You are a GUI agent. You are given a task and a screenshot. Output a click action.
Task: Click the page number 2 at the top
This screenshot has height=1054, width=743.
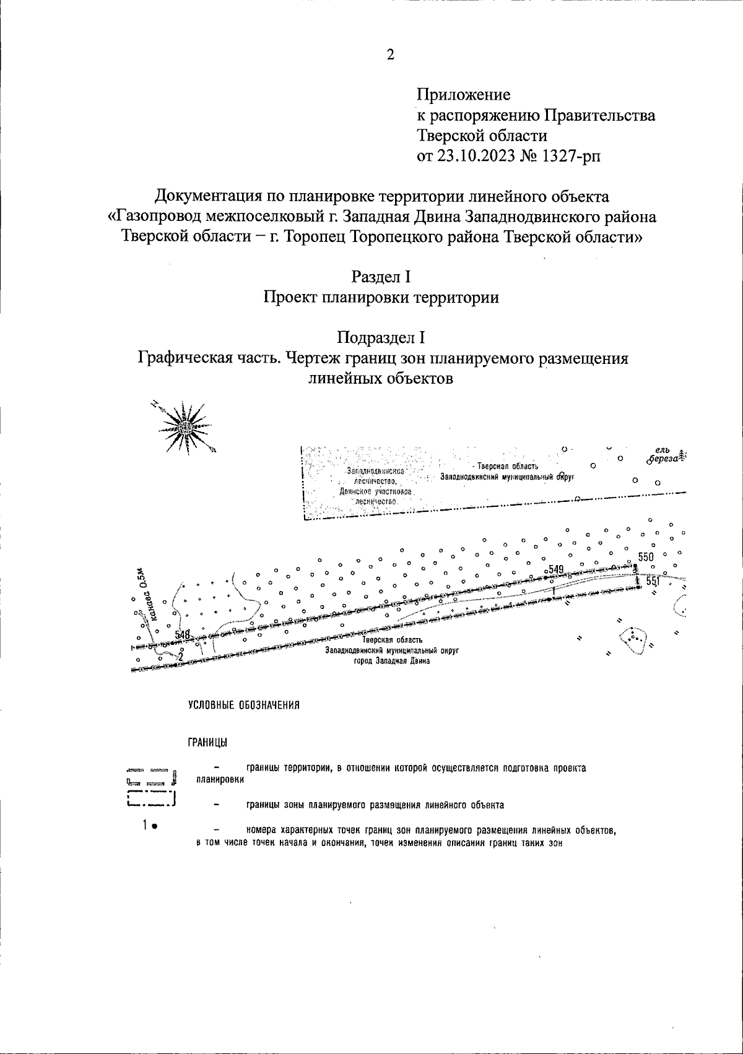390,55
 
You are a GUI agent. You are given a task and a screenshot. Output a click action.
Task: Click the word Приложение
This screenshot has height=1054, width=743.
464,95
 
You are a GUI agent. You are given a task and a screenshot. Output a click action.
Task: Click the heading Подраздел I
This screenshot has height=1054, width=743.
381,338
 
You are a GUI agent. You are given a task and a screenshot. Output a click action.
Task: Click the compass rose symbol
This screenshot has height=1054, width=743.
185,426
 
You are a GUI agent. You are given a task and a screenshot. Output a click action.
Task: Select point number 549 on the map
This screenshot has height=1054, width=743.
555,569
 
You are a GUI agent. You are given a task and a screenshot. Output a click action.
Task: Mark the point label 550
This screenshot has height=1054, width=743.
645,557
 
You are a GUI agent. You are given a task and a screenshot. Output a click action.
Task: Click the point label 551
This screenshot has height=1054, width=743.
653,582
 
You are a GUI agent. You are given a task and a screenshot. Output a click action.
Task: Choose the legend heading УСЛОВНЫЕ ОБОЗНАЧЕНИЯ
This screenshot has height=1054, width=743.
244,705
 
